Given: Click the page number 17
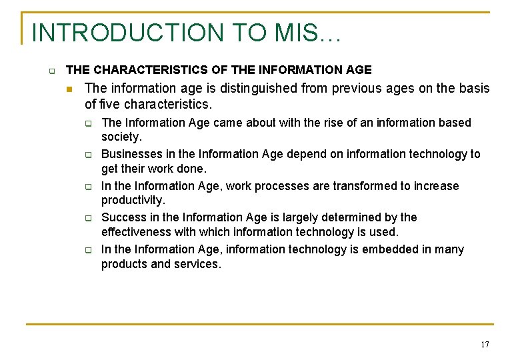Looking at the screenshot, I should pyautogui.click(x=484, y=344).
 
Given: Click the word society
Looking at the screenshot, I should pyautogui.click(x=121, y=137).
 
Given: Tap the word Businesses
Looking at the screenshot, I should pyautogui.click(x=130, y=154).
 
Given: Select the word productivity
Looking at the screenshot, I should pyautogui.click(x=132, y=201).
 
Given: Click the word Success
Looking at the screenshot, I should pyautogui.click(x=122, y=217).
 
